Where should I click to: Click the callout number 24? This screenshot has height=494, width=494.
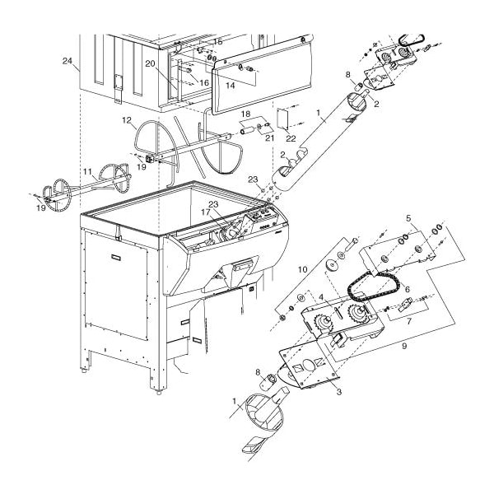point(67,61)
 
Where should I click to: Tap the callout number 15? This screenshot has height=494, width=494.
point(218,41)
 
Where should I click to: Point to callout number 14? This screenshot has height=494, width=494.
point(230,85)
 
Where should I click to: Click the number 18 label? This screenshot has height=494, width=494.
point(245,113)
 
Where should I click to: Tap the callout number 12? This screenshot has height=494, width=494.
point(128,121)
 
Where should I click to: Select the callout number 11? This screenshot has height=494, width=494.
point(86,172)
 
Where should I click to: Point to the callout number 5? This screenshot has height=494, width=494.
point(407,217)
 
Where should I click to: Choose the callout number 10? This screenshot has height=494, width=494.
point(302,268)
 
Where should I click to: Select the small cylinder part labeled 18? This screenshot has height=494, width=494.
point(248,129)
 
